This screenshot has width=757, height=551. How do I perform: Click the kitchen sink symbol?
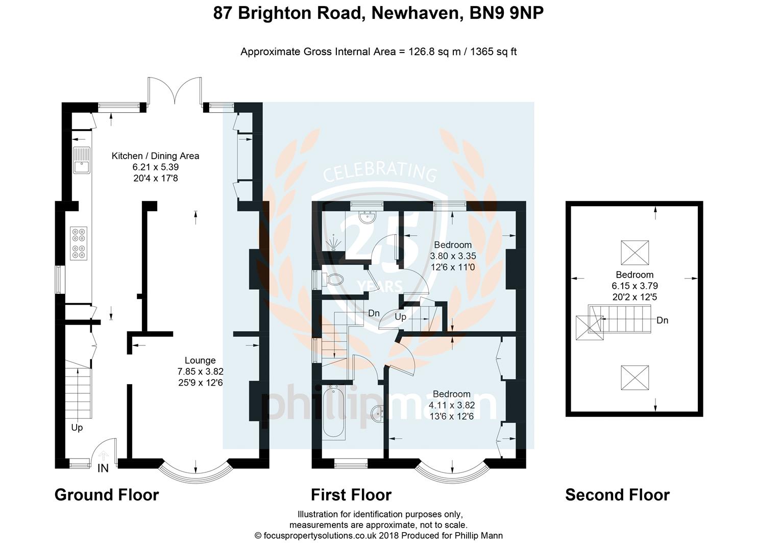[x=81, y=160]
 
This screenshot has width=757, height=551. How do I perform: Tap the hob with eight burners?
[x=79, y=243]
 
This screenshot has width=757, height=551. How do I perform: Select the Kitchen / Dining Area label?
[x=155, y=156]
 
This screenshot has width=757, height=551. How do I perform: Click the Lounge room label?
[x=200, y=360]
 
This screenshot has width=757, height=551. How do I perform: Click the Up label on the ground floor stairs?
[x=77, y=428]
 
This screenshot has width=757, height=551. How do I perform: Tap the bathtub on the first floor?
[x=334, y=413]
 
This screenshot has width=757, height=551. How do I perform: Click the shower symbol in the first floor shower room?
[x=334, y=243]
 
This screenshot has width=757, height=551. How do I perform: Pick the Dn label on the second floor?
[x=662, y=320]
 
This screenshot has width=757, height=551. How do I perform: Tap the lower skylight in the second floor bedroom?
[x=634, y=378]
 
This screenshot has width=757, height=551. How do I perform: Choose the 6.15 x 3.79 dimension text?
[x=634, y=286]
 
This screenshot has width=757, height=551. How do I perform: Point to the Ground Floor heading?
[x=107, y=495]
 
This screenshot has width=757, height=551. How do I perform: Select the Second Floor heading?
[x=617, y=495]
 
